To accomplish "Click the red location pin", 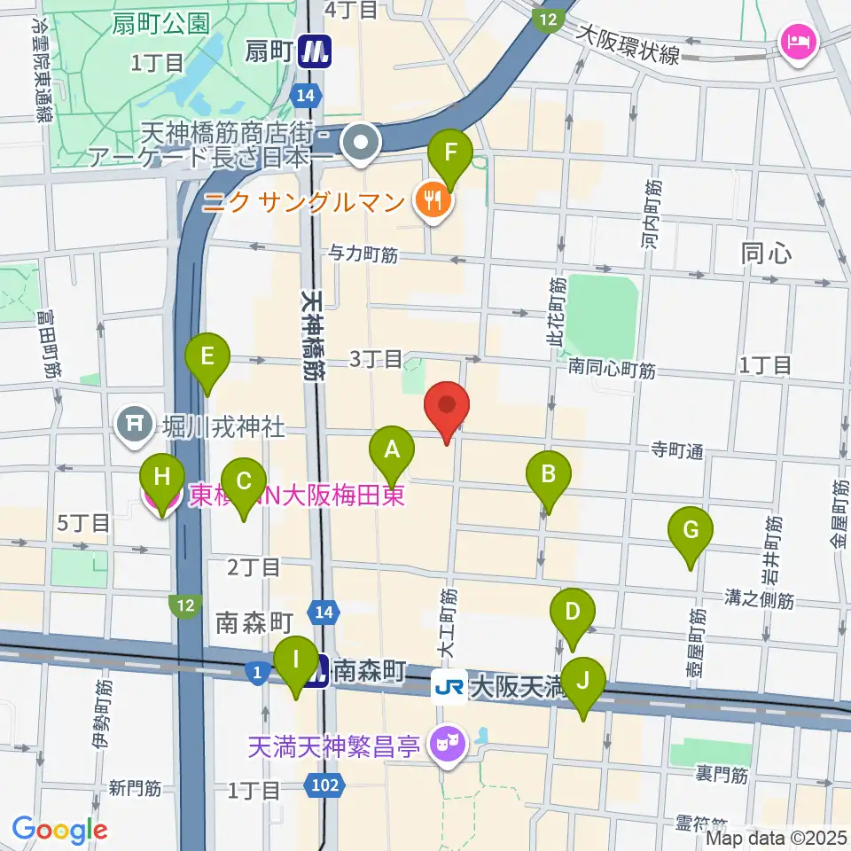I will [x=447, y=409].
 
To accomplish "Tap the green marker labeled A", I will [x=392, y=453].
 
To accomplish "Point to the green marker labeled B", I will [x=549, y=478].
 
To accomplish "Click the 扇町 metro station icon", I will [x=313, y=52].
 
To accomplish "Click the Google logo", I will [x=59, y=830].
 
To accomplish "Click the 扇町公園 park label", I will [x=161, y=23].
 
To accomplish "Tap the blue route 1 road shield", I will [x=257, y=675].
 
